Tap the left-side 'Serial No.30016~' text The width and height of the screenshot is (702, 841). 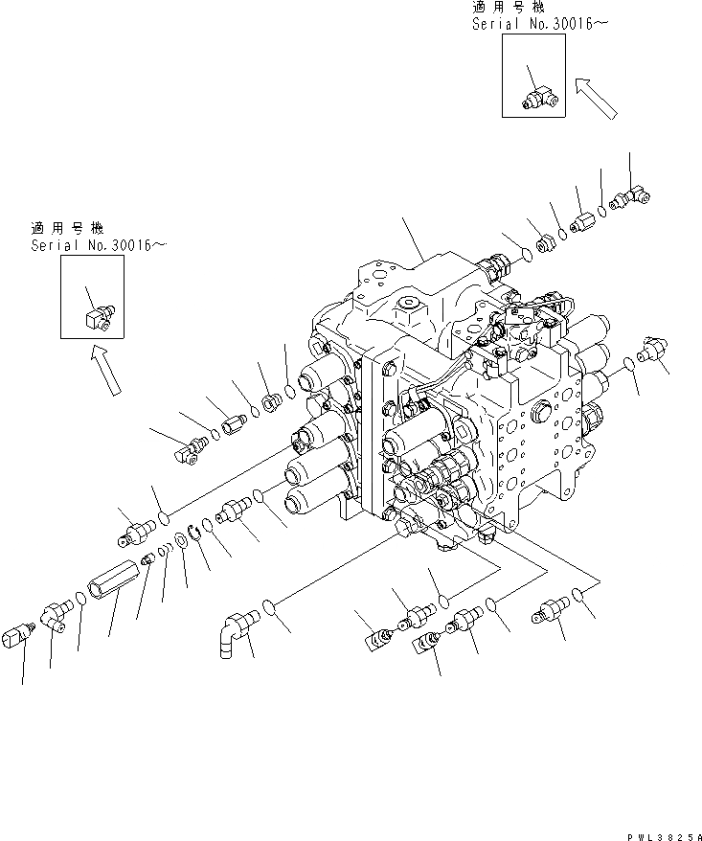click(x=99, y=246)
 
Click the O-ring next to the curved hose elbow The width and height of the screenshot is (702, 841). click(x=270, y=606)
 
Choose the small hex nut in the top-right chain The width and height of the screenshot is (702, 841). click(x=545, y=243)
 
